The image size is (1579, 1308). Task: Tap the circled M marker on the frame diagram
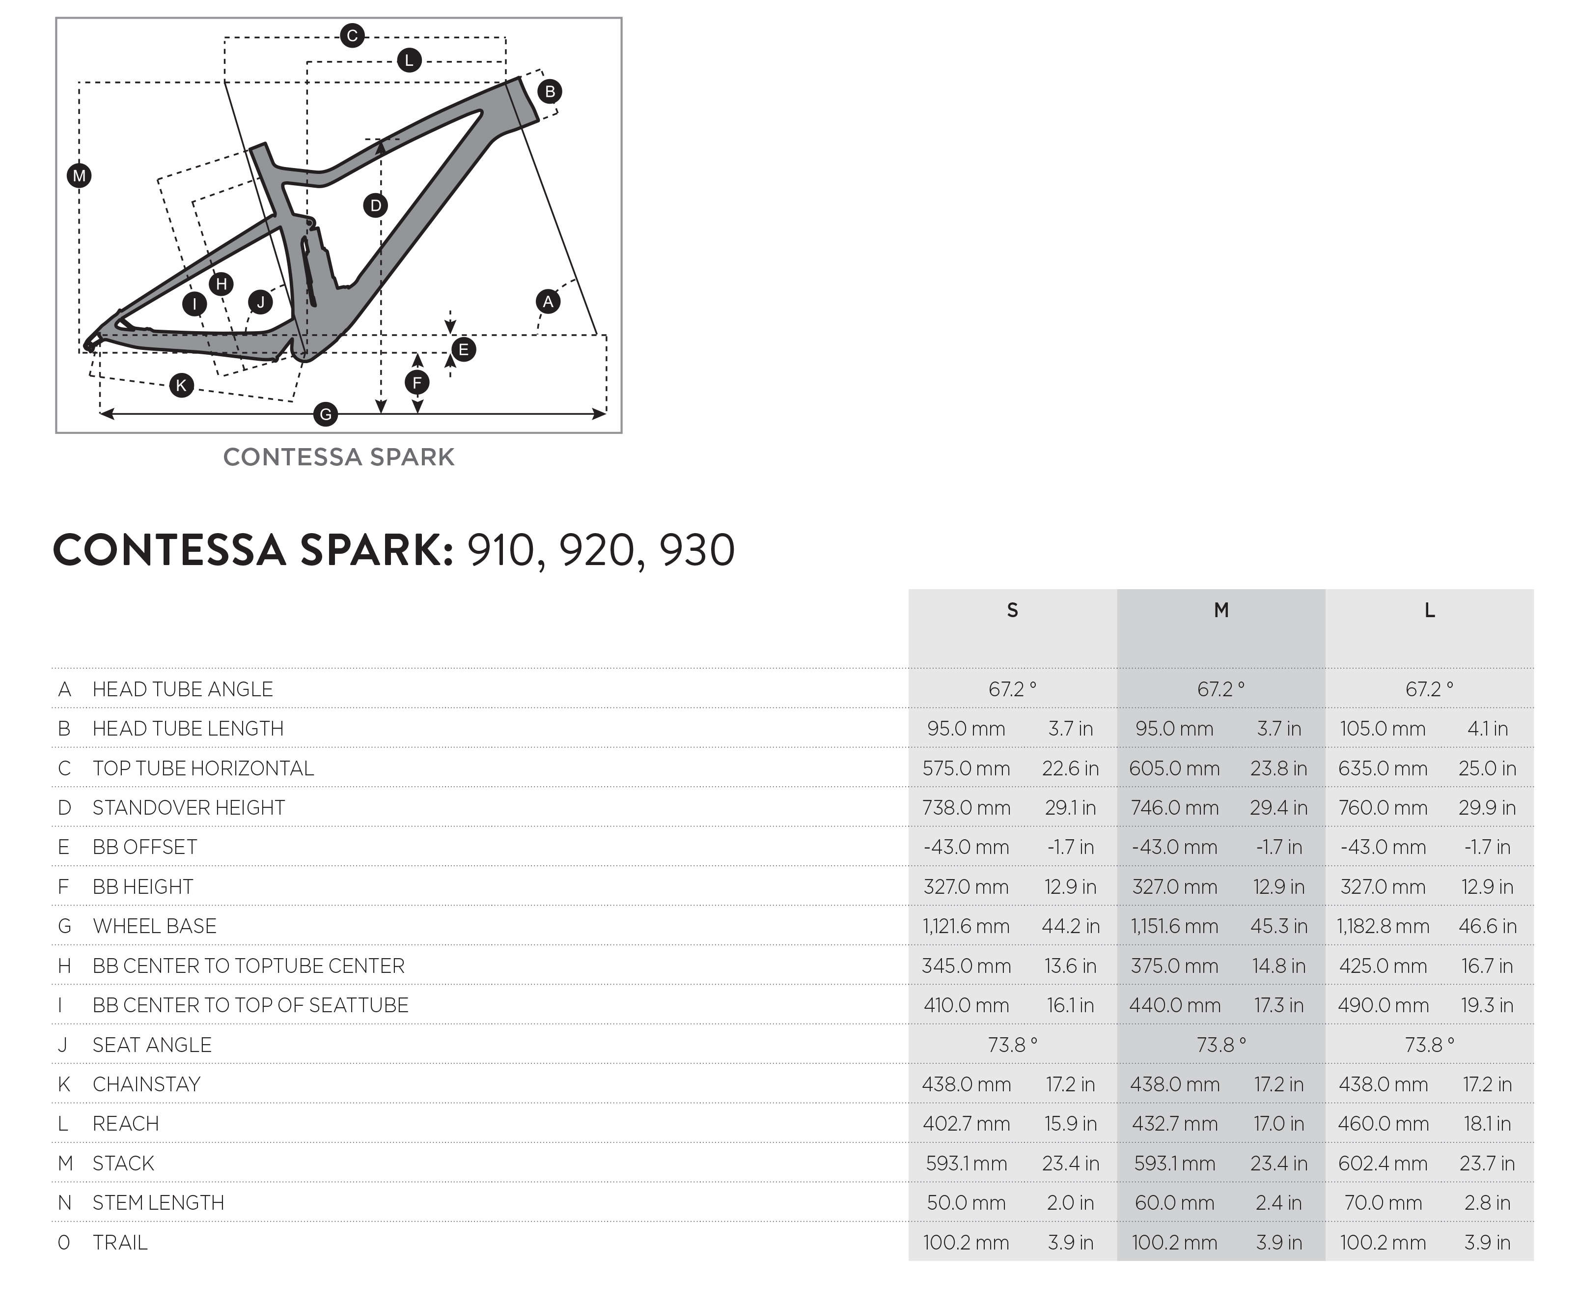(79, 176)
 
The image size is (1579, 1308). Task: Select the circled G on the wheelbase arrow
(326, 414)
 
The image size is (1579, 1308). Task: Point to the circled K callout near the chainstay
(181, 386)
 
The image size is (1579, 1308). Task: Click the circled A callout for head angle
(548, 302)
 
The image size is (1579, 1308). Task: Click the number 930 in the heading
(697, 551)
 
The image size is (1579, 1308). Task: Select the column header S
(1013, 610)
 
